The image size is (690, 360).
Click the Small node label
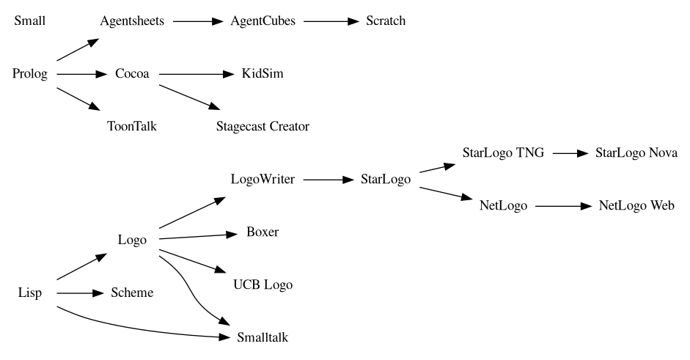coord(29,21)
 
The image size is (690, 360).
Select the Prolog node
coord(30,73)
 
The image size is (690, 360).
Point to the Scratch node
coord(386,21)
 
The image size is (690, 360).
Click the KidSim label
coord(263,73)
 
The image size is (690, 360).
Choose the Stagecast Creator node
coord(263,126)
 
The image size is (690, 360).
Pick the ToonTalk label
coord(132,126)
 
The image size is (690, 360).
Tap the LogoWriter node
coord(263,180)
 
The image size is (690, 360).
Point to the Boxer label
coord(263,232)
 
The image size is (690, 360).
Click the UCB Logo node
coord(263,285)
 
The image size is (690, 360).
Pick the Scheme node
coord(132,293)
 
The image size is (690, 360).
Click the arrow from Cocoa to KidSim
coord(195,74)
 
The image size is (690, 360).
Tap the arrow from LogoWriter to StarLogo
coord(328,180)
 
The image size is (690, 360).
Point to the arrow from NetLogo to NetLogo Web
coord(562,206)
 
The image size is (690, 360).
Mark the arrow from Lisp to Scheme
coord(77,293)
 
